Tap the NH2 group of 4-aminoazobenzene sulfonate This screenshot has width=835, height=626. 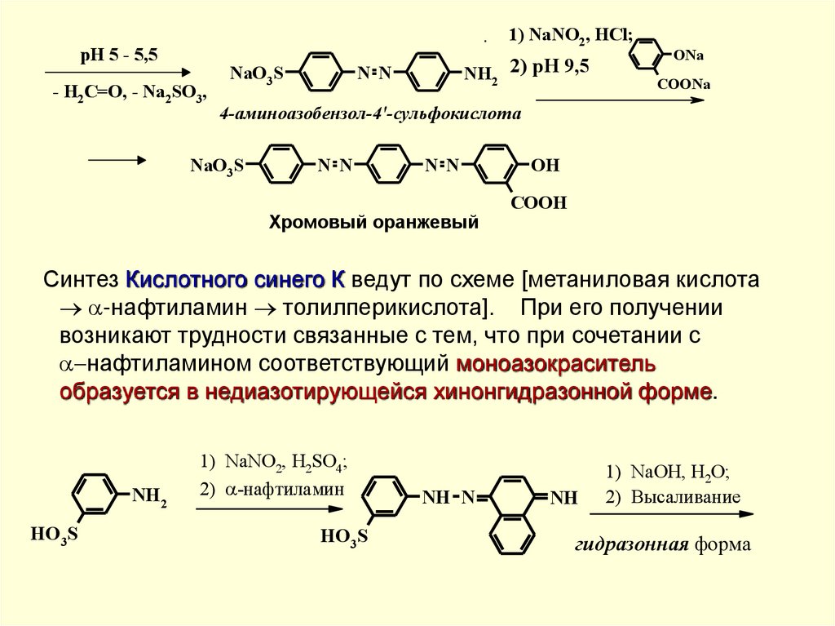pyautogui.click(x=480, y=76)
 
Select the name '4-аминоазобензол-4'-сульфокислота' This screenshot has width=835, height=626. pyautogui.click(x=369, y=115)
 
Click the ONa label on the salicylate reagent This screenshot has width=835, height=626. pyautogui.click(x=689, y=55)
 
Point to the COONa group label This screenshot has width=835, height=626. pyautogui.click(x=684, y=85)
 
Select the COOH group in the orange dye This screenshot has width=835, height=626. pyautogui.click(x=538, y=202)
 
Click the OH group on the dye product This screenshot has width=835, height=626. pyautogui.click(x=545, y=166)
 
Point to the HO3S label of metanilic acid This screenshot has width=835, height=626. pyautogui.click(x=55, y=535)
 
